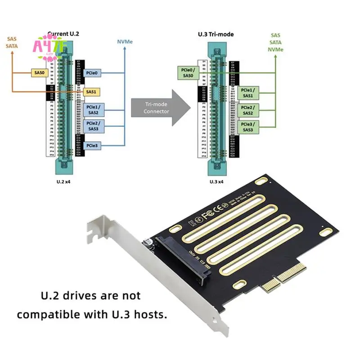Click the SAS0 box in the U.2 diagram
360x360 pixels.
tap(39, 72)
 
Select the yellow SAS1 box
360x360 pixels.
tap(91, 92)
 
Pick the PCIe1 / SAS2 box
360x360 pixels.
tap(93, 109)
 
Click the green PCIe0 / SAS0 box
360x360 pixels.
tap(187, 73)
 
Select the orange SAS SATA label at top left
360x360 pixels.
tap(12, 42)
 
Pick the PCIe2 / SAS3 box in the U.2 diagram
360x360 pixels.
tap(93, 126)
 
